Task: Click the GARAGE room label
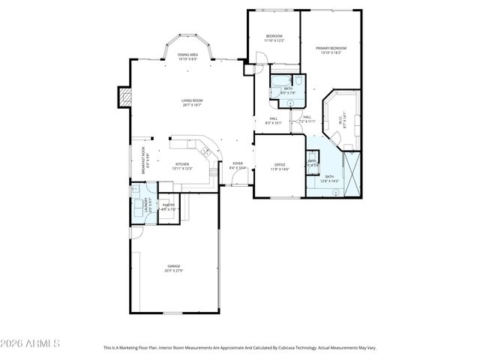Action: (174, 266)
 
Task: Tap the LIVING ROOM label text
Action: (192, 100)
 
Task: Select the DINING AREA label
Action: (187, 55)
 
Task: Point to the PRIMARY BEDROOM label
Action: (331, 48)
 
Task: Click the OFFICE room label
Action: (279, 164)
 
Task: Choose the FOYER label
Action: (237, 163)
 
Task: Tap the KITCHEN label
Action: (182, 164)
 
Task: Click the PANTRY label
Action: (169, 205)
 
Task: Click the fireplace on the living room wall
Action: (124, 97)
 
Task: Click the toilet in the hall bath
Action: (298, 79)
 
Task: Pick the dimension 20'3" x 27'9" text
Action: (174, 271)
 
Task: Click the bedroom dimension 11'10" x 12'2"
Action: (274, 40)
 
